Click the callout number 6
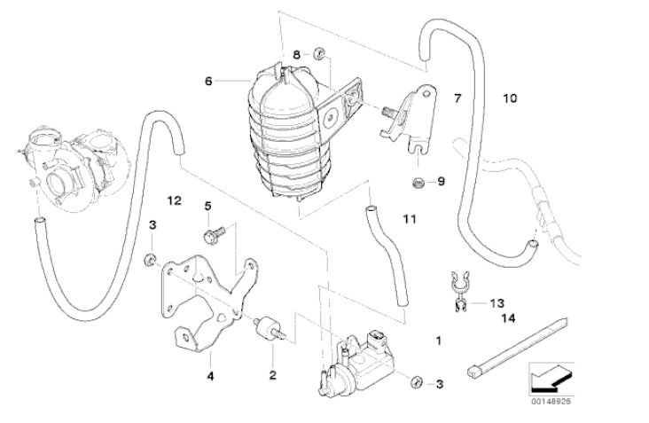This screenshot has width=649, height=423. pyautogui.click(x=208, y=81)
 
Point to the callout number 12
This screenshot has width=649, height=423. pyautogui.click(x=174, y=201)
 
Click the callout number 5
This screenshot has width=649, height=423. pyautogui.click(x=207, y=206)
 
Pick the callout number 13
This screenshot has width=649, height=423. pyautogui.click(x=495, y=302)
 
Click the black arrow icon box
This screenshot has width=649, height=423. pyautogui.click(x=545, y=378)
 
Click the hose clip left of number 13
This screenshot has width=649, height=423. pyautogui.click(x=458, y=292)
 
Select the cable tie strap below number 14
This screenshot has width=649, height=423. pyautogui.click(x=514, y=349)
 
